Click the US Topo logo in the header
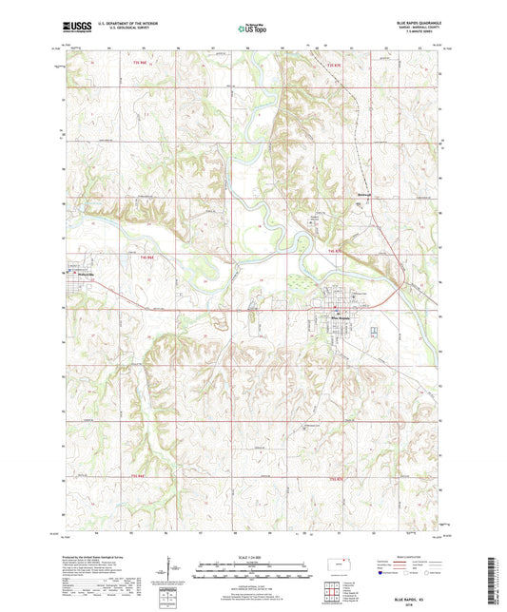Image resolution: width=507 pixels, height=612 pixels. tap(252, 29)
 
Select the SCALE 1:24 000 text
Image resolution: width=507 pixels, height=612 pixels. tap(252, 557)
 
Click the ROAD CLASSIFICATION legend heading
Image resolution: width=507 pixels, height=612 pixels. tap(404, 556)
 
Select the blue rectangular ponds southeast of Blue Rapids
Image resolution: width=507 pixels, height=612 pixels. tap(374, 332)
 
